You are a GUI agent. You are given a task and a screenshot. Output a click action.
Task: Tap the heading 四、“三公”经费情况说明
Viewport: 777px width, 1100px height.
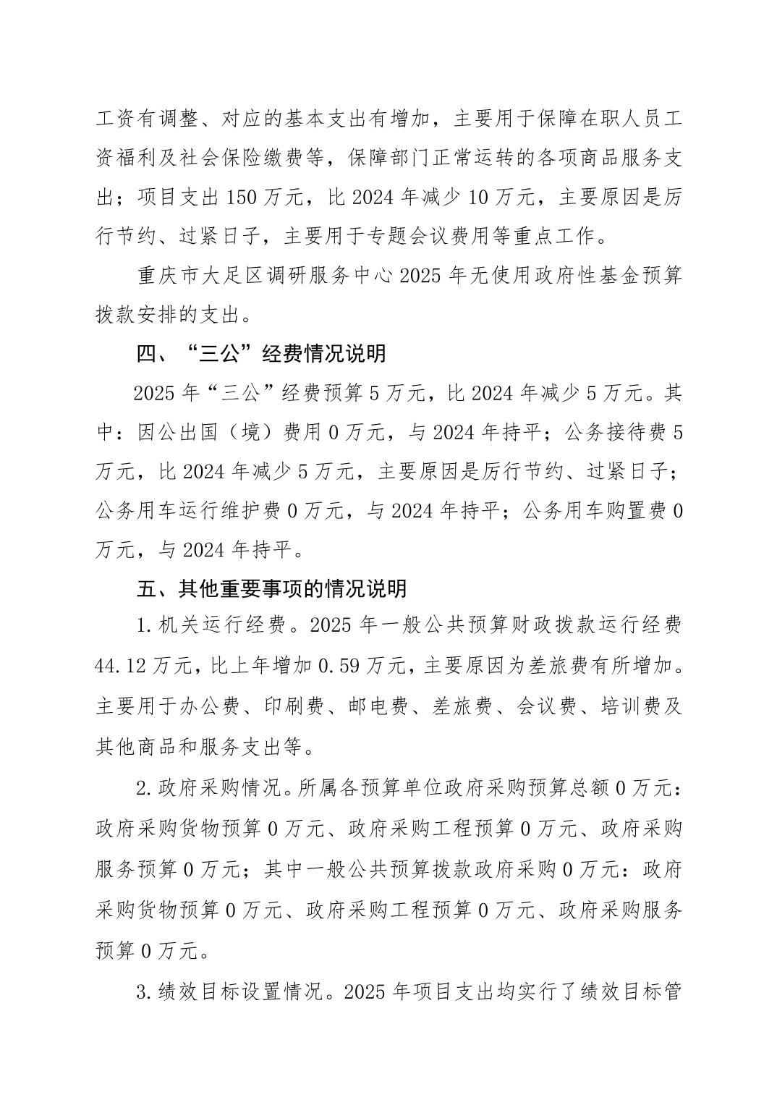261,354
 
